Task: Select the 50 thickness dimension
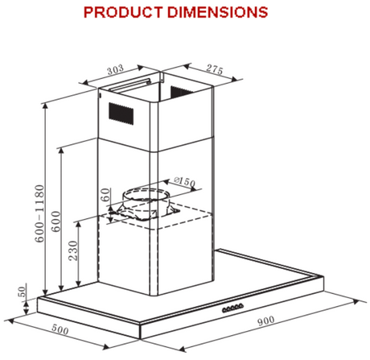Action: [x=21, y=292]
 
